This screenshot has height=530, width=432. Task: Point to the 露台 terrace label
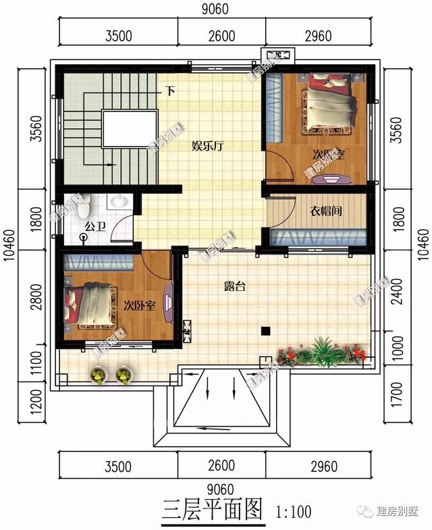click(x=234, y=286)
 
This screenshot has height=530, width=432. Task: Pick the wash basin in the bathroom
click(x=119, y=201)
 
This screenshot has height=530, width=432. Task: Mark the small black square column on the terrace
click(x=266, y=331)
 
